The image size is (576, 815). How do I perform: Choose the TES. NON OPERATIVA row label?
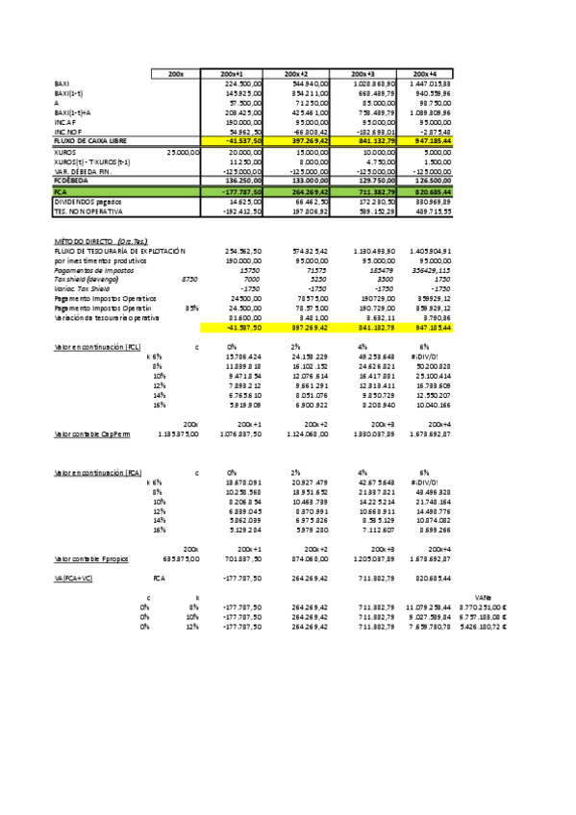pyautogui.click(x=86, y=210)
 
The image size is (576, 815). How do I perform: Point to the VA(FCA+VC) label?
pyautogui.click(x=80, y=578)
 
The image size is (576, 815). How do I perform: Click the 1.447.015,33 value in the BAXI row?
pyautogui.click(x=428, y=85)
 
